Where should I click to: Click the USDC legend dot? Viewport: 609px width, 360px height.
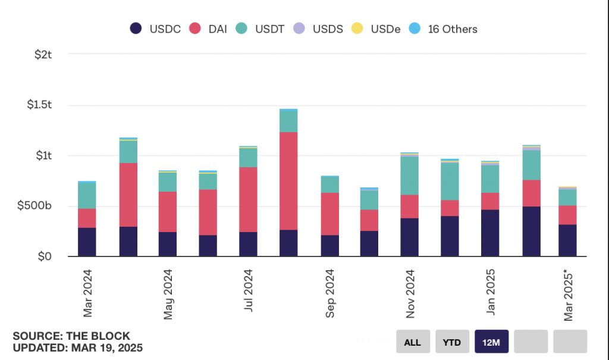pos(136,29)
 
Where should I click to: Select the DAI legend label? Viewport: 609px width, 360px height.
pos(218,29)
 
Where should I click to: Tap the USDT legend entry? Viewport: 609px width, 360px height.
pos(260,29)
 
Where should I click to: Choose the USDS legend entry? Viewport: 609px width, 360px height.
pos(318,29)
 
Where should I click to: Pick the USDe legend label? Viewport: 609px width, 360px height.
pos(385,29)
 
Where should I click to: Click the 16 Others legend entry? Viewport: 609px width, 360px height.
pos(442,29)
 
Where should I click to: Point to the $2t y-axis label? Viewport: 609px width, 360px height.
pos(43,54)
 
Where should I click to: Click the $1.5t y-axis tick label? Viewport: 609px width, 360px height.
pos(39,105)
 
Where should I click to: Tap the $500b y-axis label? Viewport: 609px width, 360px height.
pos(34,206)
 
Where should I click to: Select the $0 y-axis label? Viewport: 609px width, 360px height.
pos(45,256)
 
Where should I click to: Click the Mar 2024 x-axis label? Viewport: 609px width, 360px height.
pos(88,293)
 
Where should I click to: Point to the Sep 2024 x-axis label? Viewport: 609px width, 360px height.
pos(329,293)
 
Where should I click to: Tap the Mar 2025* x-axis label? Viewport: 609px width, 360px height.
pos(568,296)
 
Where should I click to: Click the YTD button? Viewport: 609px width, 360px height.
pos(452,342)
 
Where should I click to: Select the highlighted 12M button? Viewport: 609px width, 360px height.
pos(491,342)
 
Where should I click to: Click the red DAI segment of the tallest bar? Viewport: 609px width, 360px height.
pos(288,181)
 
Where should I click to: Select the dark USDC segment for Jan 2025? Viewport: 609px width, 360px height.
pos(490,233)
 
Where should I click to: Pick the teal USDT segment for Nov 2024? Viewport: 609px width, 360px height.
pos(409,176)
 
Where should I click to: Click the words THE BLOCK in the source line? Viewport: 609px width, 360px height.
pos(98,336)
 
